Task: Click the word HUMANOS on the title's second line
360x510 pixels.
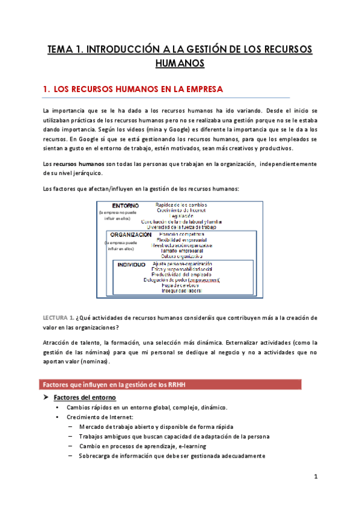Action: [180, 63]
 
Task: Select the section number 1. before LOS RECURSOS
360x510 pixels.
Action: [46, 90]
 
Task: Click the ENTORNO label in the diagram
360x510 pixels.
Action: [126, 206]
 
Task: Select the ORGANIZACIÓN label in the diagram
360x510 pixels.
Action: [130, 235]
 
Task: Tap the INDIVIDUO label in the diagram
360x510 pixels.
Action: [132, 264]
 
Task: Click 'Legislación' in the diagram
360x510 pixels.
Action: [182, 215]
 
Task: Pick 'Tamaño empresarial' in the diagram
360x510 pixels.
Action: [182, 251]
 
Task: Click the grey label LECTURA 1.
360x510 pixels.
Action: [58, 317]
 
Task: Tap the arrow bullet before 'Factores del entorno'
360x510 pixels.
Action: [46, 398]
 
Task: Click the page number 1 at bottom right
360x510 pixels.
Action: [315, 477]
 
